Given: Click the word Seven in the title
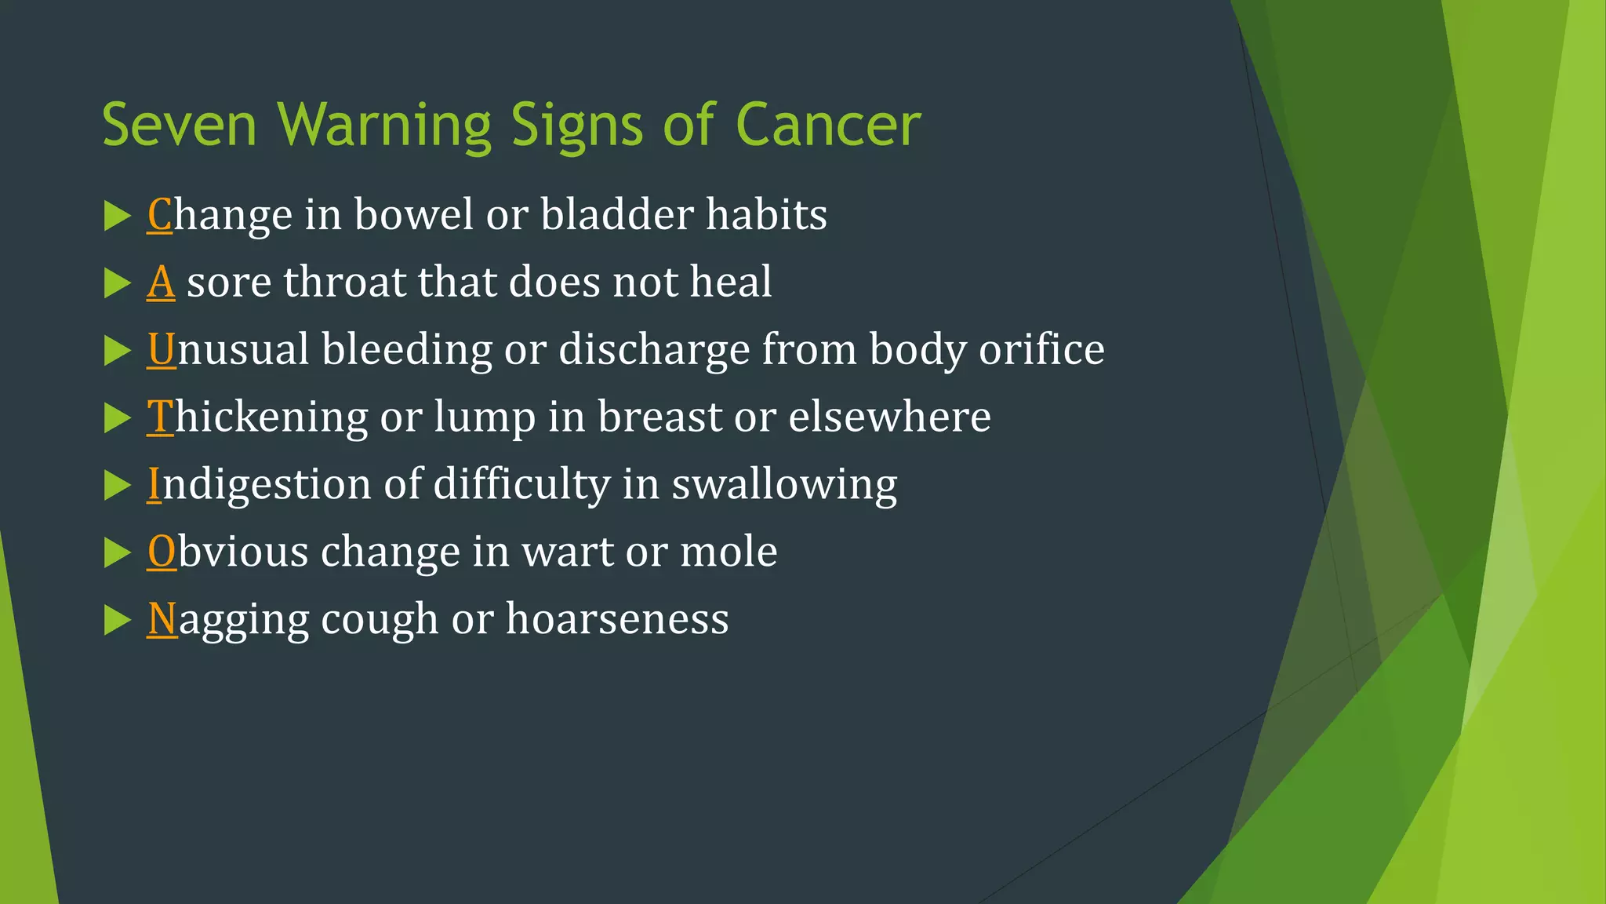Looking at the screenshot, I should (180, 126).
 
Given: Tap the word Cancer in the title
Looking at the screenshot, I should (828, 126).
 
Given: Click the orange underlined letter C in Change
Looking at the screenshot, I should (160, 214).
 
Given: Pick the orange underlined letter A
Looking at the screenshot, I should (161, 282).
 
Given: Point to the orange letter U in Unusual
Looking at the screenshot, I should (162, 349).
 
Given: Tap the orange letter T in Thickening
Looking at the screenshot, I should (160, 417).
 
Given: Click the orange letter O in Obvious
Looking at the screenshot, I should (162, 552).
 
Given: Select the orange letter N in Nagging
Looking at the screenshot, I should (163, 619).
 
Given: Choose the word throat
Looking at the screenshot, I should (344, 282).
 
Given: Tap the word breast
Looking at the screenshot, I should (659, 417).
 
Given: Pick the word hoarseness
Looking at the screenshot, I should (617, 619).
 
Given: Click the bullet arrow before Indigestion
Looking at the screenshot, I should (117, 485).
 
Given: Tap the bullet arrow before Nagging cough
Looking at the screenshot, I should (117, 620).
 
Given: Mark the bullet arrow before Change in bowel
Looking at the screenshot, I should (117, 216).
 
